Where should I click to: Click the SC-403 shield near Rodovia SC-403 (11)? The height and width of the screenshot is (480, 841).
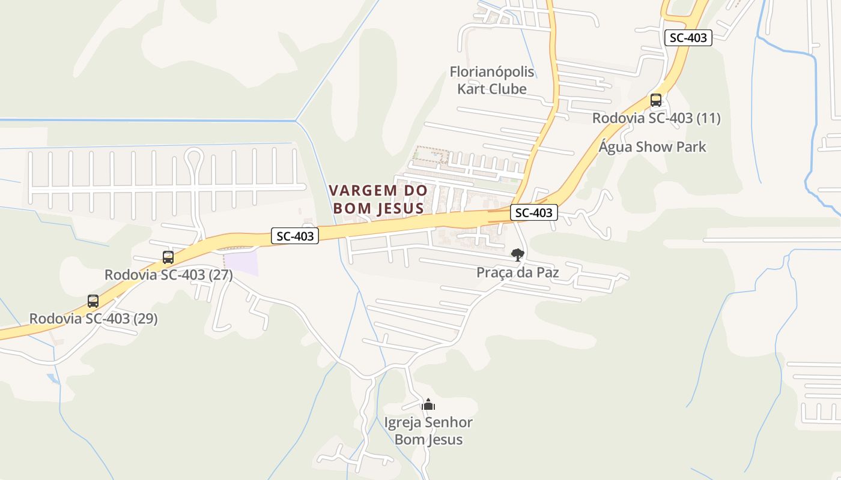(688, 38)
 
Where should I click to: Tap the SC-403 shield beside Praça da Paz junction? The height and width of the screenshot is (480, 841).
(533, 212)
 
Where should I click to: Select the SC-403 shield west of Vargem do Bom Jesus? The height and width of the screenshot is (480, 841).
(294, 236)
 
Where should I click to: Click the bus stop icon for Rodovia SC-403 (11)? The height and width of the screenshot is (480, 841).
(656, 100)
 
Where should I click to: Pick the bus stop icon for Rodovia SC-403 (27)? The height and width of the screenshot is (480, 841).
(168, 257)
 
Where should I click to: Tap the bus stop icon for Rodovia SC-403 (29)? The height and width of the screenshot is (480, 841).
(93, 301)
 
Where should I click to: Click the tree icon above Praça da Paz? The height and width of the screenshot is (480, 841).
(517, 255)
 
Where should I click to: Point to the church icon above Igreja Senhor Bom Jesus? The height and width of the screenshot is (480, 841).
(428, 405)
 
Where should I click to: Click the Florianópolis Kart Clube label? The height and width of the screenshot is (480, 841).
(492, 80)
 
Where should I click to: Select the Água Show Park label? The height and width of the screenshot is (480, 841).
(652, 147)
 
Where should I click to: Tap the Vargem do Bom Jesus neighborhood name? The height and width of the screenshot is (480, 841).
(378, 199)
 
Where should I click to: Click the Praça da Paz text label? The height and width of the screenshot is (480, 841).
(517, 272)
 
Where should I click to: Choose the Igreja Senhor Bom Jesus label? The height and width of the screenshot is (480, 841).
(428, 431)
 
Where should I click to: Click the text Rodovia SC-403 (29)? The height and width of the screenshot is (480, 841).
(93, 319)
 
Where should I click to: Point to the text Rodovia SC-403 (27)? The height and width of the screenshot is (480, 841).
(168, 275)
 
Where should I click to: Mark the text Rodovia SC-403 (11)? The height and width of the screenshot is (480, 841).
(656, 118)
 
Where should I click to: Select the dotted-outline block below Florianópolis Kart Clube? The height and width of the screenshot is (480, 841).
(431, 155)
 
